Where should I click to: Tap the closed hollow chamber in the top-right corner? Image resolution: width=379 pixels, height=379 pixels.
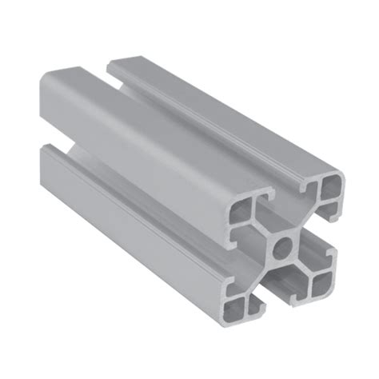[x=330, y=190]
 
